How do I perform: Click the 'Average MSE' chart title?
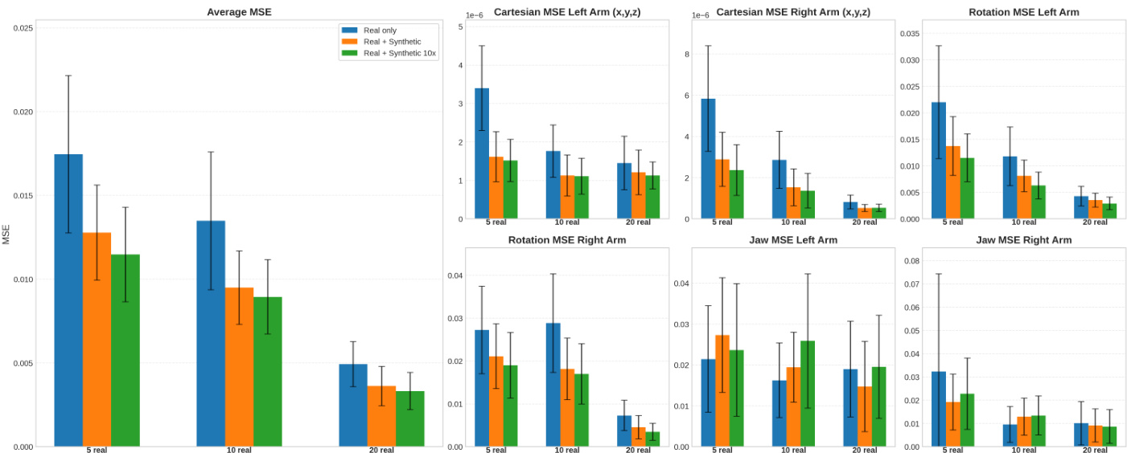tap(239, 12)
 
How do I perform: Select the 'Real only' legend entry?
tap(381, 30)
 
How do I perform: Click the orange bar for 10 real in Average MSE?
tap(239, 366)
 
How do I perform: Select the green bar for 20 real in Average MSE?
tap(409, 418)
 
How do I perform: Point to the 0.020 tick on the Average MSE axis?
tap(23, 112)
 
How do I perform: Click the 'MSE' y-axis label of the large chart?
tap(6, 234)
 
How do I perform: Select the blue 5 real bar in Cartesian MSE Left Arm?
tap(482, 153)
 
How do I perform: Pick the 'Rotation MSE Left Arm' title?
tap(1023, 12)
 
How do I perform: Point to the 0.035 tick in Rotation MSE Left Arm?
tap(908, 34)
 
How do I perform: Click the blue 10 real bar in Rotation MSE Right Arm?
tap(553, 385)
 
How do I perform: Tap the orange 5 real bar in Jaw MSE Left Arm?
tap(722, 390)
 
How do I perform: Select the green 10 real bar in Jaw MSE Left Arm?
tap(808, 394)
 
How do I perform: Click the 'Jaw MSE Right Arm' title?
tap(1023, 240)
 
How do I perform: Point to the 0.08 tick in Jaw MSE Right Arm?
tap(911, 261)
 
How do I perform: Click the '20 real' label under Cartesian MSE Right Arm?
tap(864, 222)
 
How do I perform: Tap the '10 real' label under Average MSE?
tap(240, 451)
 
